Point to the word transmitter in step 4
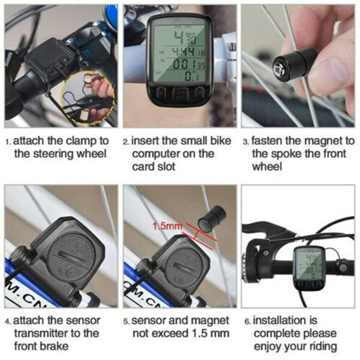point(43,333)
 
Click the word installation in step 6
point(284,320)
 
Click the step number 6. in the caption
point(247,321)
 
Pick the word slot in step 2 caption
point(165,166)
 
